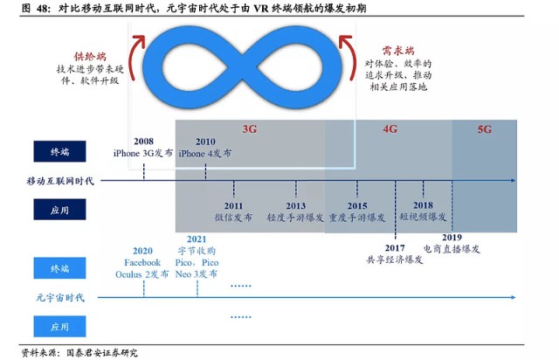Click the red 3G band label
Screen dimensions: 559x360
250,128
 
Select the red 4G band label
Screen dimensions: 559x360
390,128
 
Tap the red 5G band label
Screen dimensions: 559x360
485,129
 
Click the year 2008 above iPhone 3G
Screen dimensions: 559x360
143,142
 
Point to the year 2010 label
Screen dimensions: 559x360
205,142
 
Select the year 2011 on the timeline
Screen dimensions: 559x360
233,206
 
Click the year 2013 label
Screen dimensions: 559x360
295,206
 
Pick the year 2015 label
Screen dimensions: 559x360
357,206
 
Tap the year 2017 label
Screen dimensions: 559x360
395,248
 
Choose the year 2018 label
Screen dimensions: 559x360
423,205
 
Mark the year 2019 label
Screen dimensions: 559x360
452,238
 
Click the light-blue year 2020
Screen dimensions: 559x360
142,251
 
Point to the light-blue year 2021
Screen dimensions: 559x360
197,239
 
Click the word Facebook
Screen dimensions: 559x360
142,263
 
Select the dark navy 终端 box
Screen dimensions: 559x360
59,151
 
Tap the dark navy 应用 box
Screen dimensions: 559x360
59,210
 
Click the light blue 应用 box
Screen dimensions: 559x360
59,326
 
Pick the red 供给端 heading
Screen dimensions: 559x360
90,57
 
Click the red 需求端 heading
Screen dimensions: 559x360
398,51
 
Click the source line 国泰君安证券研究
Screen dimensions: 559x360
101,353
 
